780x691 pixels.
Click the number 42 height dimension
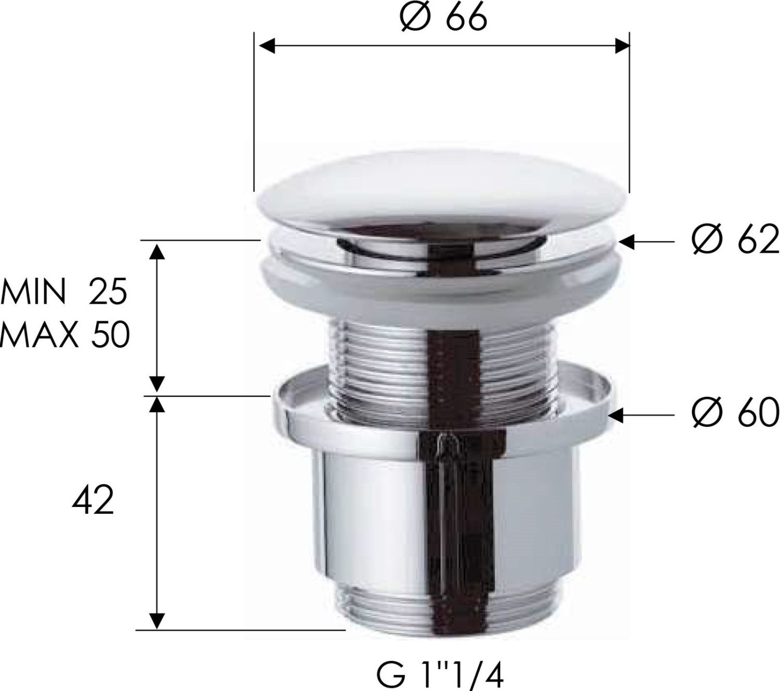93,500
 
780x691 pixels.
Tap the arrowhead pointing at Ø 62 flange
626,242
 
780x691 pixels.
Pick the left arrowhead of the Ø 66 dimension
267,46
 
